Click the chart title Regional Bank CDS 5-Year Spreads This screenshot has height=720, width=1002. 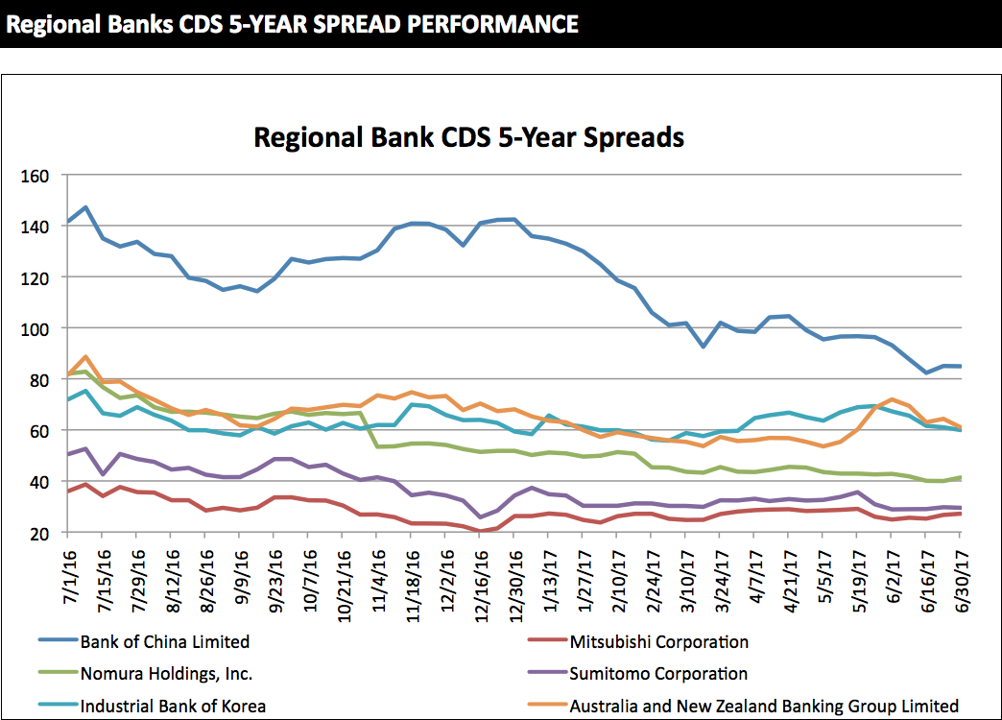468,137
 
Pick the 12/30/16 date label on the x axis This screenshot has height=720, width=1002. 515,576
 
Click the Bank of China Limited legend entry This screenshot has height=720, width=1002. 165,642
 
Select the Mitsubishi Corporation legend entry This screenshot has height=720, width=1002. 658,642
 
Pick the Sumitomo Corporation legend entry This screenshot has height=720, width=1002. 658,674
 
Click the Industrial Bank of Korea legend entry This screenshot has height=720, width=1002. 173,706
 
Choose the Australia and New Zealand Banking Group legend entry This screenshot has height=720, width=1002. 764,706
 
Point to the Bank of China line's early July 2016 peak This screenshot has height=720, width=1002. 85,207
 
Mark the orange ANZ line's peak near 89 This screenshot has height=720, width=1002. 85,356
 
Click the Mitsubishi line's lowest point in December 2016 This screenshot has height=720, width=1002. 480,531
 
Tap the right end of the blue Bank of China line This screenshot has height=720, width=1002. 961,366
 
